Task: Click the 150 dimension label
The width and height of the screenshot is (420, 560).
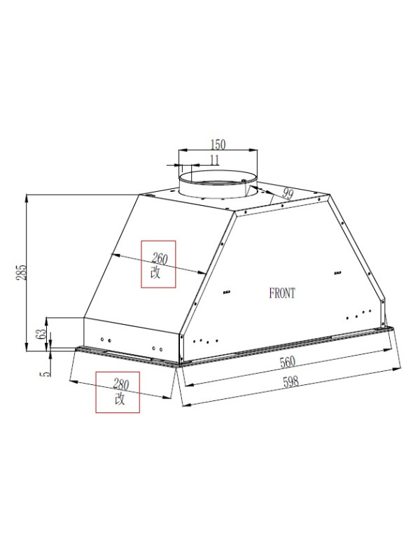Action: [218, 145]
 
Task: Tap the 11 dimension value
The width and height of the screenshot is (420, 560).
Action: [214, 160]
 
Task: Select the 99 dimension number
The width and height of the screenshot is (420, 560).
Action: [288, 193]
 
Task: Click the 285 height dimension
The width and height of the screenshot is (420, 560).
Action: [22, 272]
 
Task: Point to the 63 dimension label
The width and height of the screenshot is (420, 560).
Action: [41, 334]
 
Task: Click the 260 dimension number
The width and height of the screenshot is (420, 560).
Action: [160, 258]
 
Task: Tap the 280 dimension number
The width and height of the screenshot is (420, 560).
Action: [121, 384]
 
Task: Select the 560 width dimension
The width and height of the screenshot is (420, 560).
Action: [288, 362]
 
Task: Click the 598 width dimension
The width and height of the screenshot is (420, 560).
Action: [290, 381]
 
